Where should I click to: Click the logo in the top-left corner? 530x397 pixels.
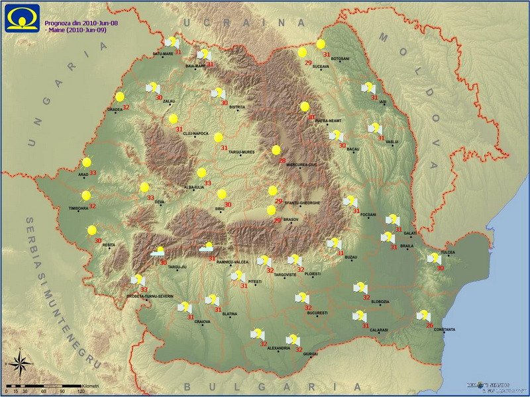point(21,18)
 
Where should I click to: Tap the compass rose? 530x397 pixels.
point(20,363)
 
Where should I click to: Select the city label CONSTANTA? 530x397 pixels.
point(444,330)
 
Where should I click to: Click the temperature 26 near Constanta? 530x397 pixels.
point(429,325)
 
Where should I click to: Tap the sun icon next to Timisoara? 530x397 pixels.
point(86,195)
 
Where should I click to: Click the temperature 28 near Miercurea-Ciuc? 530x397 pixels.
point(282,161)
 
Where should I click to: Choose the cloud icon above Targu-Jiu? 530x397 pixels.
point(158,251)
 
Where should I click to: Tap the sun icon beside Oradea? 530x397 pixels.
point(120,97)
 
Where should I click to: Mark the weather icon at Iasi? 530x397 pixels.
point(368,87)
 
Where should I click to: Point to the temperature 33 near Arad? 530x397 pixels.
point(92,173)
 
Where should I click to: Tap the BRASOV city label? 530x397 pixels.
point(291,219)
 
